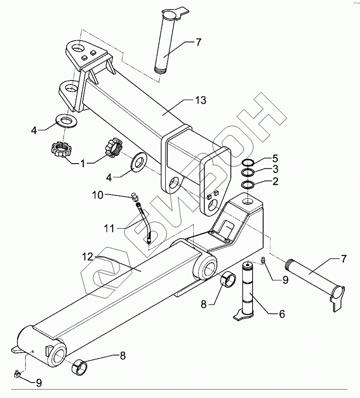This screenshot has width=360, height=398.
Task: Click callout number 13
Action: (x=200, y=100)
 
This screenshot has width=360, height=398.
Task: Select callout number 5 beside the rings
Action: (x=275, y=158)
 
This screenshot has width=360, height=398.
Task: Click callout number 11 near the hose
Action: (x=110, y=229)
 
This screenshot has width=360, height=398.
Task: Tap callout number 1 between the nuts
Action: (x=83, y=163)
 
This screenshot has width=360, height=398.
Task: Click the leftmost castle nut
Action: (x=61, y=149)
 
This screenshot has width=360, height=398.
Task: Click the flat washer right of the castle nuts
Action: (x=138, y=162)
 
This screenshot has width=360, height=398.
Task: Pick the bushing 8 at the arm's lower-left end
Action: (x=80, y=367)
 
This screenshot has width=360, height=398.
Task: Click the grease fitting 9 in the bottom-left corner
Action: (x=17, y=374)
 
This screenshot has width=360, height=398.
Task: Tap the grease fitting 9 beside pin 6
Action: (x=263, y=262)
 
